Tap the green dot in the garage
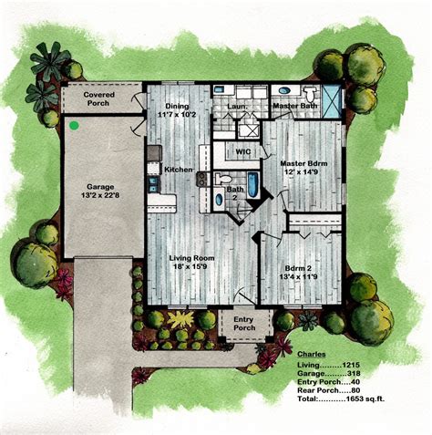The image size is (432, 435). pyautogui.click(x=72, y=124)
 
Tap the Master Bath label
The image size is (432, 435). pyautogui.click(x=296, y=107)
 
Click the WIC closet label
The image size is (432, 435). pyautogui.click(x=242, y=150)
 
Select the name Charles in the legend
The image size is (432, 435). pyautogui.click(x=314, y=349)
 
